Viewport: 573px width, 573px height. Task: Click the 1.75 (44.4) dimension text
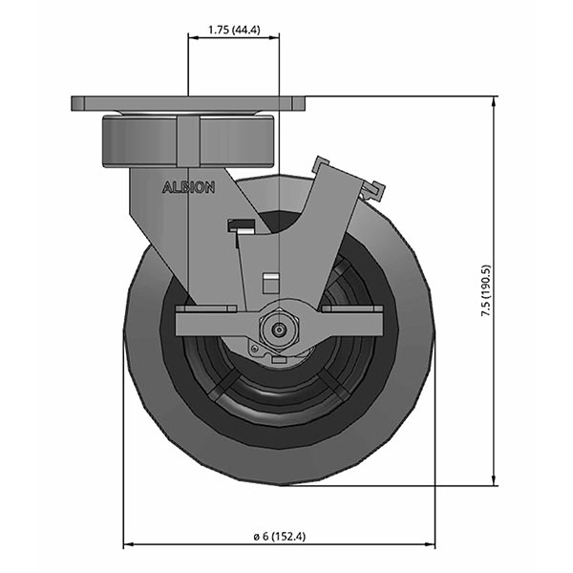coord(235,29)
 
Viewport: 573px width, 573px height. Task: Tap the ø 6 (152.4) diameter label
coord(279,536)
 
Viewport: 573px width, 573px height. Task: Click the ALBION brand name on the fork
coord(188,187)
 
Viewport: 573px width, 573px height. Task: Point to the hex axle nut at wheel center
coord(278,329)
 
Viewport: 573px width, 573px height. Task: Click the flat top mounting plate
coord(188,102)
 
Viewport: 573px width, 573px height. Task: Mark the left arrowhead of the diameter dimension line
coord(129,545)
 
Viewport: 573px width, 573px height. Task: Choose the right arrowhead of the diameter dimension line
coord(430,545)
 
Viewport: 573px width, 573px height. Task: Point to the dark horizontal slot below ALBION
coord(241,226)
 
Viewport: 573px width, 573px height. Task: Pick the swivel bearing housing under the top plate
coord(188,139)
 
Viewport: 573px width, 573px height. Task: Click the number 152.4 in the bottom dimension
coord(287,536)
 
